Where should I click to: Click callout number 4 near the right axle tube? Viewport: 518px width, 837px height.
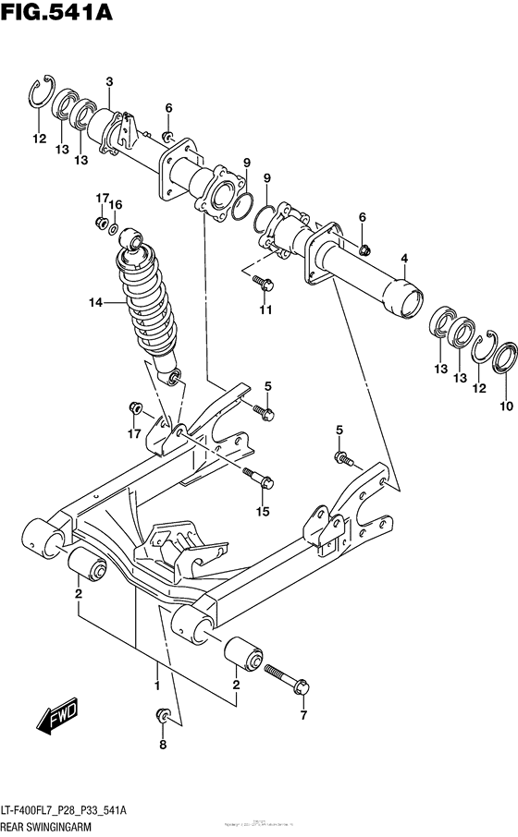pos(403,258)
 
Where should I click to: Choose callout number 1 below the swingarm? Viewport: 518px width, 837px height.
pos(157,685)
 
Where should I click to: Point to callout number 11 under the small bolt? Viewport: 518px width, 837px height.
pos(265,309)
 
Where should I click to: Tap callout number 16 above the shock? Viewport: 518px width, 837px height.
pos(116,204)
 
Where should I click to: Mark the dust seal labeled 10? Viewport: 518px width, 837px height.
pos(505,358)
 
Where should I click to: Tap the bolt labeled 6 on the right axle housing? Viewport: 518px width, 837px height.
pos(364,248)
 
